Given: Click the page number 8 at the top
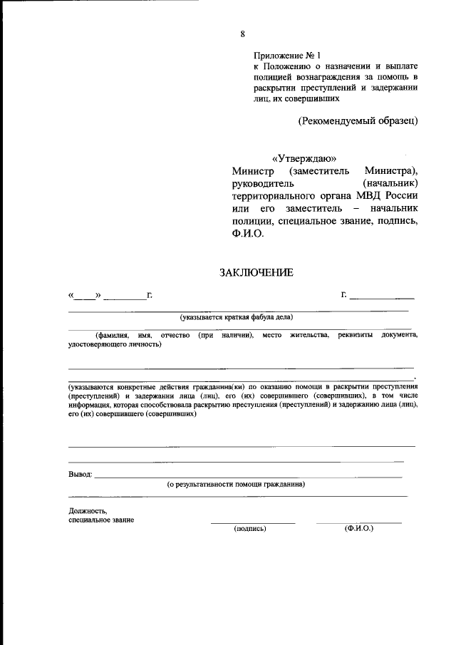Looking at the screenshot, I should (x=243, y=34).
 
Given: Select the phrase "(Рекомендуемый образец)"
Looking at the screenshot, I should (x=357, y=120).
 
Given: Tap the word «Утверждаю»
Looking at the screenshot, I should (x=304, y=158).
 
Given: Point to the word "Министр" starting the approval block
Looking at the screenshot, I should (x=252, y=171).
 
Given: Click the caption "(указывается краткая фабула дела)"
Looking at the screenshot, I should (x=237, y=317).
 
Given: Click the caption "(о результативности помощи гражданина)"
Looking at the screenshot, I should (x=236, y=485).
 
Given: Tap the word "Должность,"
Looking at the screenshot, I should (x=88, y=510).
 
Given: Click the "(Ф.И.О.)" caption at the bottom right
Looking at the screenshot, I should (x=358, y=529).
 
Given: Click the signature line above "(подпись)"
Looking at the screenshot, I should (x=252, y=523).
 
